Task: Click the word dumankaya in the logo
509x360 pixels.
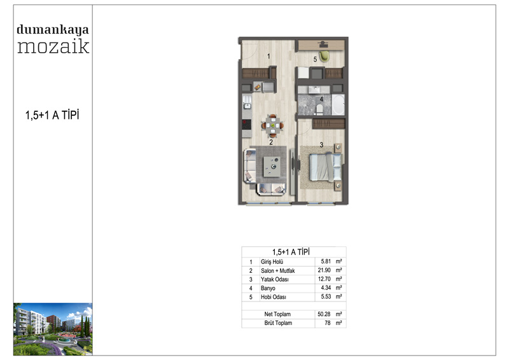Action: (53, 30)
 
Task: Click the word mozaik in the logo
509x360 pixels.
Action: (53, 46)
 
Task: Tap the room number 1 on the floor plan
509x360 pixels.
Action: (268, 56)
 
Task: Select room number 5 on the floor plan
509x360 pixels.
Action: (315, 59)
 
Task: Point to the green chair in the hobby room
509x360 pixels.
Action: (324, 57)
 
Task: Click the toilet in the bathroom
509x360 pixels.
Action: (319, 109)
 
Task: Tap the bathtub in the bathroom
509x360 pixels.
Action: (338, 104)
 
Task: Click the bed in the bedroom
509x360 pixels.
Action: (326, 167)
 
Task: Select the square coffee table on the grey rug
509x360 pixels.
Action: (272, 167)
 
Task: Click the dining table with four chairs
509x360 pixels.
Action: (273, 125)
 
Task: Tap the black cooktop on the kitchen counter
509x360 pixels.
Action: (247, 125)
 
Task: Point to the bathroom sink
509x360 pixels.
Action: (314, 89)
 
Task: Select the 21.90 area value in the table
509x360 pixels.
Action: (324, 270)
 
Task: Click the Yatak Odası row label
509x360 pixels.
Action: (275, 279)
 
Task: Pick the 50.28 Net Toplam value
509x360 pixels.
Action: (324, 314)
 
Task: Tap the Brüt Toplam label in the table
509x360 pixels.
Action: (278, 323)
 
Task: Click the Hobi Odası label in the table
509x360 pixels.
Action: (274, 296)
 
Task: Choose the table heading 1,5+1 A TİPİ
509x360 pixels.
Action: (291, 252)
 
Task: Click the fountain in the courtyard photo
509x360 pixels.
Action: (65, 340)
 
